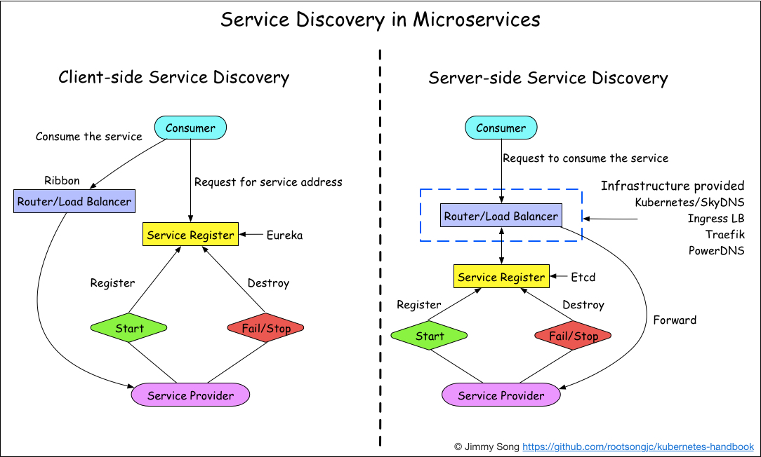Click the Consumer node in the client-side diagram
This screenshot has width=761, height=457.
pos(190,128)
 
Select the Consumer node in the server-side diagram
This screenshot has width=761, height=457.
pos(501,128)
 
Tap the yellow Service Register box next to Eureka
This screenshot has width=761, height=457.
pos(190,235)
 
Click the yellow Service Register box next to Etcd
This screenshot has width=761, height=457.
pos(501,277)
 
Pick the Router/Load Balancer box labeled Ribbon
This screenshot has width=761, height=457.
pos(74,202)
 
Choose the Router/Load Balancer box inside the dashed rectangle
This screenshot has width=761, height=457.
pos(501,216)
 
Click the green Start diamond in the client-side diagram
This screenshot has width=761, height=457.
pos(129,328)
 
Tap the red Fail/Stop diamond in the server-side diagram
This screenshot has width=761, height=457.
pos(574,336)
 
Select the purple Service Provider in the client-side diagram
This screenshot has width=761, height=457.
pos(190,395)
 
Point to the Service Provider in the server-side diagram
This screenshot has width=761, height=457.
pos(501,395)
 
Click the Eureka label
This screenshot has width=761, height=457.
pos(284,236)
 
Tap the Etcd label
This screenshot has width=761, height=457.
pos(583,278)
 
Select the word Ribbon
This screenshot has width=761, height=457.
pos(62,181)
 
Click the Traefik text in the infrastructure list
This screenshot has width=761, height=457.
pos(725,235)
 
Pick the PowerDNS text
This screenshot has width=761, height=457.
pos(716,251)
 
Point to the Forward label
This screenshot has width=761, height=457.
pos(675,320)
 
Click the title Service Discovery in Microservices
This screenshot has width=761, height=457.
pos(380,20)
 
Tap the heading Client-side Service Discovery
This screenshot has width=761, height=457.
pos(173,77)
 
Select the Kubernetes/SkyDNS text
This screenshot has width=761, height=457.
pos(689,203)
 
